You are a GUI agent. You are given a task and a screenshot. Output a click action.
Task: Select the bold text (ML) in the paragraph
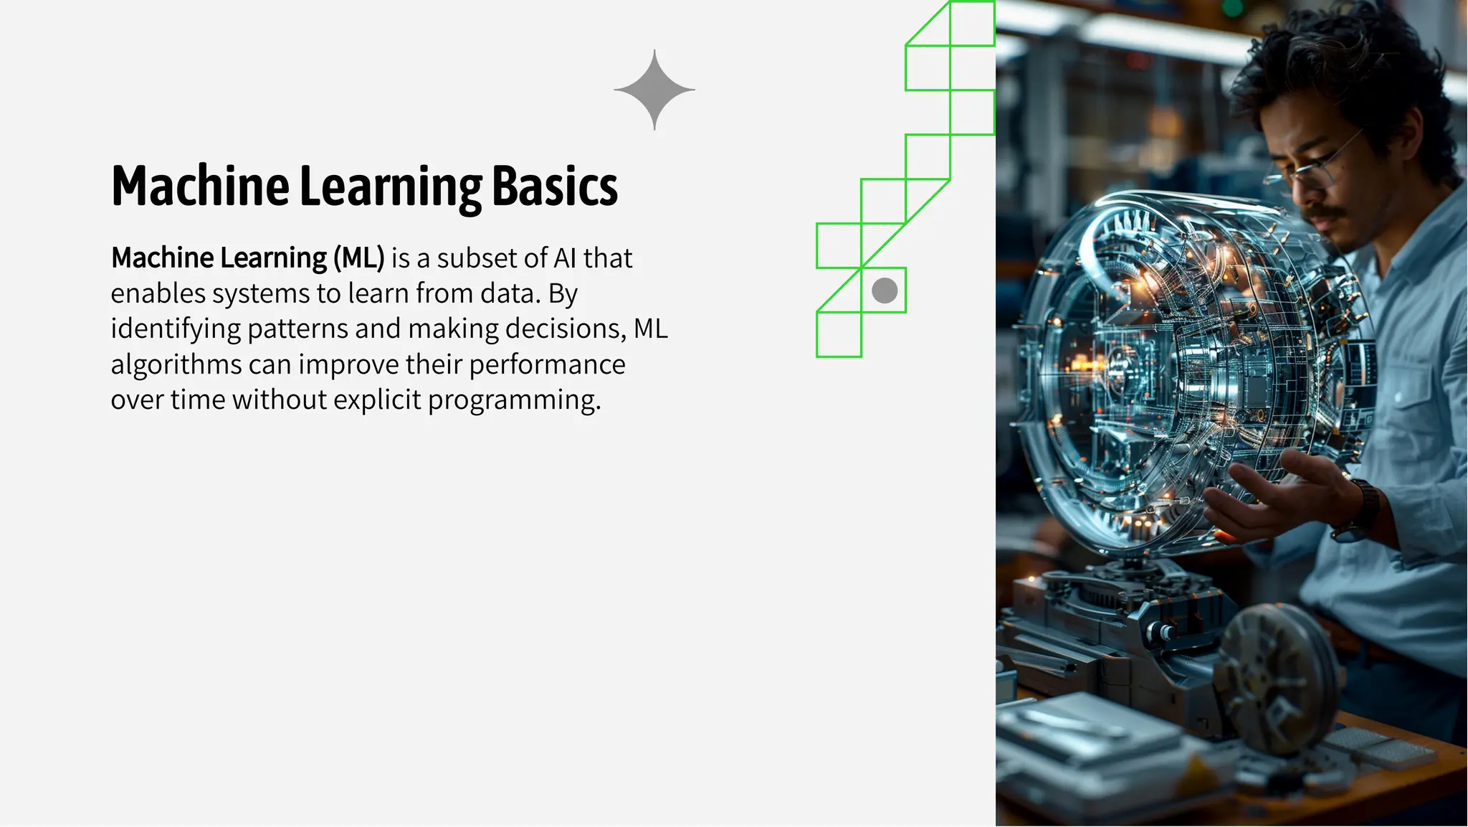359,258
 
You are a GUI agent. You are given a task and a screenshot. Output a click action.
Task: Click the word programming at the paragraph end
513,400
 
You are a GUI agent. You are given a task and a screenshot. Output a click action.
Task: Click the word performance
547,364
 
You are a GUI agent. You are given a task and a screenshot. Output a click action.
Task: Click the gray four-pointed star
654,90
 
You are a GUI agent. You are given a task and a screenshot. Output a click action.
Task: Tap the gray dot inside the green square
885,290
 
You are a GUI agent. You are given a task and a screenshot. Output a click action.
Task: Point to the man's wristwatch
1358,509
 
